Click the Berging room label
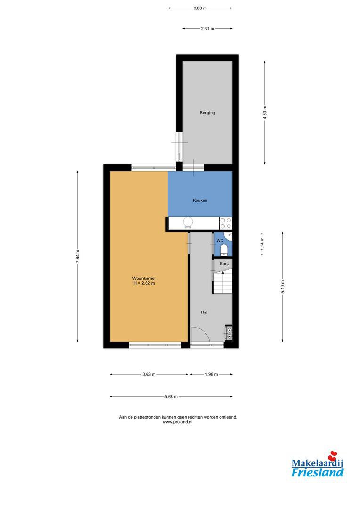[x=207, y=113]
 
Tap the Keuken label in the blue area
[x=200, y=200]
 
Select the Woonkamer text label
[x=144, y=278]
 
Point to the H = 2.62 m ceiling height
[x=144, y=283]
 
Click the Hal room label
[x=204, y=312]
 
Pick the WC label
[x=220, y=241]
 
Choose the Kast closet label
[x=224, y=263]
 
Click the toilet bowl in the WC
[x=223, y=250]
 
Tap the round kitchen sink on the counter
[x=188, y=222]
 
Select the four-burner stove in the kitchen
[x=226, y=223]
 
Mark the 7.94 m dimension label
[x=78, y=256]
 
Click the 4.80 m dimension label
[x=265, y=113]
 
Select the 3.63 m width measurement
[x=149, y=374]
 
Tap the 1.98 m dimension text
[x=211, y=374]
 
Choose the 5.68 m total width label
[x=171, y=397]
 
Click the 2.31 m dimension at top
[x=207, y=29]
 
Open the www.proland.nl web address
[x=178, y=422]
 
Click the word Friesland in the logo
[x=317, y=472]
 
